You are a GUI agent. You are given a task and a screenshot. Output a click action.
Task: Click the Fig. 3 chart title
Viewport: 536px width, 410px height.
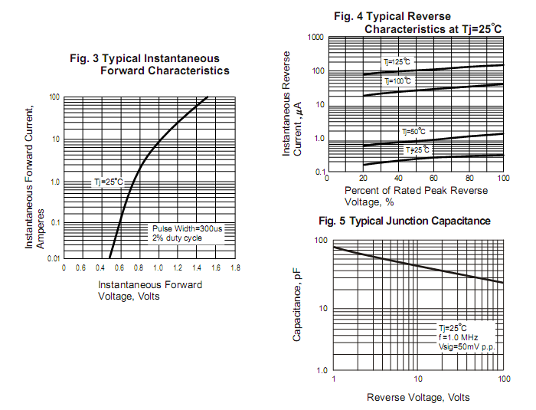tap(149, 64)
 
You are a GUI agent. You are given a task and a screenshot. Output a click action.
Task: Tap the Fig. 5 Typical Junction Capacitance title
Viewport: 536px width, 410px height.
tap(404, 221)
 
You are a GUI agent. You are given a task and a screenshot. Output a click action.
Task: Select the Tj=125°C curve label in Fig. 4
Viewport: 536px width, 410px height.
tap(397, 61)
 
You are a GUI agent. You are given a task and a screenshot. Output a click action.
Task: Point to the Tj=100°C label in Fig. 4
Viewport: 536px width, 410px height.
tap(397, 80)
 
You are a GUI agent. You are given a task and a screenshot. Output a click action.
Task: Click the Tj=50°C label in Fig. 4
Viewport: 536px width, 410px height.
tap(414, 132)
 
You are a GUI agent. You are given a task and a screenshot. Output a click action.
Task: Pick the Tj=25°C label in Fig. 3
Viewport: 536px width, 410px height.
tap(108, 182)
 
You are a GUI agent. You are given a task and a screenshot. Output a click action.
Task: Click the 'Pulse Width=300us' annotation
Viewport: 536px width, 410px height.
tap(186, 228)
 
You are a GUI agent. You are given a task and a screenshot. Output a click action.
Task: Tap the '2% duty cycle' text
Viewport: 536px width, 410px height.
tap(176, 238)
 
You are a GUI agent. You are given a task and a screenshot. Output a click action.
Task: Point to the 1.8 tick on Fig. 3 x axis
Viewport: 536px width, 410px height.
tap(235, 267)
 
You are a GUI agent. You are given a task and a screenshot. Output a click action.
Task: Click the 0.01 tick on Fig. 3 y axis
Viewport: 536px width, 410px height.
tap(53, 259)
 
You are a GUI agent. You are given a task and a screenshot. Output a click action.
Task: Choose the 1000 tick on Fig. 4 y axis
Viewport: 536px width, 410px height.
tap(314, 38)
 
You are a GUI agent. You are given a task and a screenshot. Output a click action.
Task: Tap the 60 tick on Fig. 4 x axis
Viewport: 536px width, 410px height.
tap(433, 177)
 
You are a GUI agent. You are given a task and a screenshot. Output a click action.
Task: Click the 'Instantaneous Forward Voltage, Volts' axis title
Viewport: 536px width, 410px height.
tap(150, 290)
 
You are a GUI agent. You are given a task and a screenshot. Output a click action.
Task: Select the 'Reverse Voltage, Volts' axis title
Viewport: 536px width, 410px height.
tap(418, 397)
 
